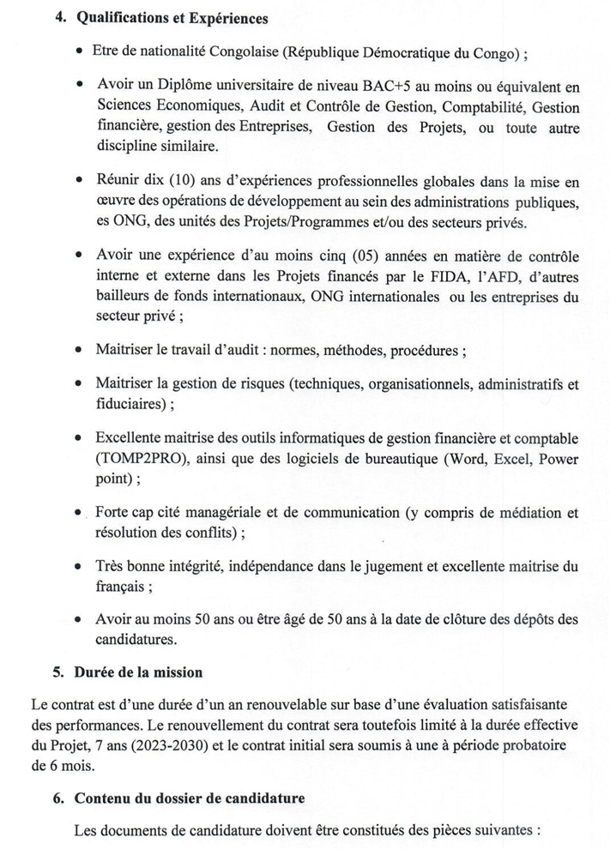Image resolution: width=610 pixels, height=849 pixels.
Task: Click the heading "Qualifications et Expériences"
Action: tap(172, 18)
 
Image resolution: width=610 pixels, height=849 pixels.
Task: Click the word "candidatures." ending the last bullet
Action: tap(137, 640)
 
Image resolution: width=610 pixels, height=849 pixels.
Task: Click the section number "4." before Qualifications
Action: tap(61, 18)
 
